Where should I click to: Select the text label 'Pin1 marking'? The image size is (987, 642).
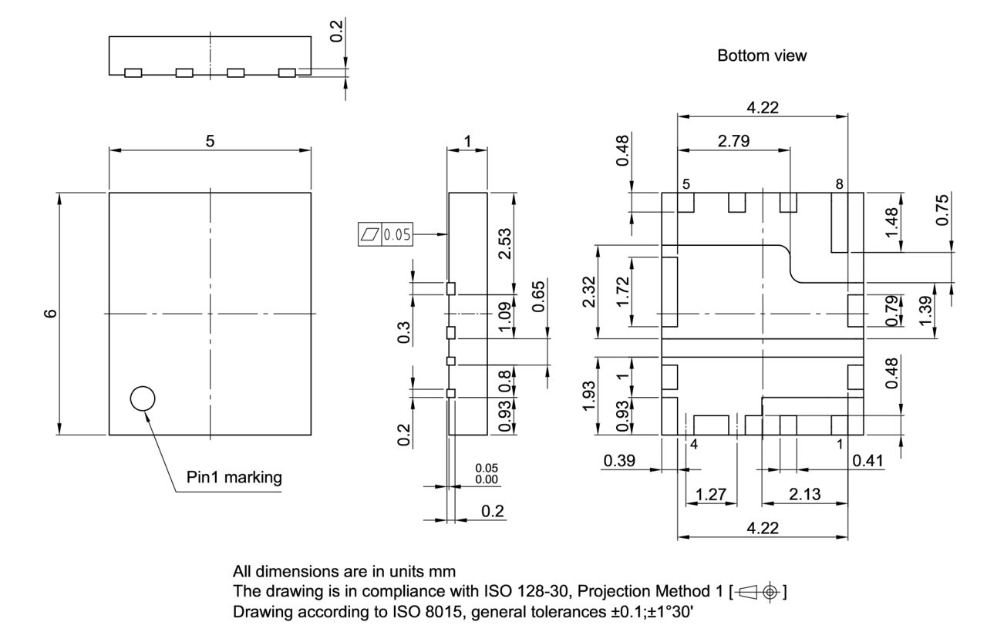tap(234, 477)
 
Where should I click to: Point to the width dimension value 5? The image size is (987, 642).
tap(209, 140)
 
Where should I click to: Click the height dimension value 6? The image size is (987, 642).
tap(50, 314)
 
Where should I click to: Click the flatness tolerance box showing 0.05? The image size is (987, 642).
tap(386, 234)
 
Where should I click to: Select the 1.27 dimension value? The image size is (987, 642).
tap(710, 494)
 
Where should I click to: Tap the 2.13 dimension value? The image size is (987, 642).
tap(804, 494)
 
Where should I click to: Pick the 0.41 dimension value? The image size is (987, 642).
tap(867, 460)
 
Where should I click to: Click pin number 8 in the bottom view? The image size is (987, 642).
tap(839, 184)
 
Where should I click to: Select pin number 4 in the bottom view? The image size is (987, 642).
tap(693, 445)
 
